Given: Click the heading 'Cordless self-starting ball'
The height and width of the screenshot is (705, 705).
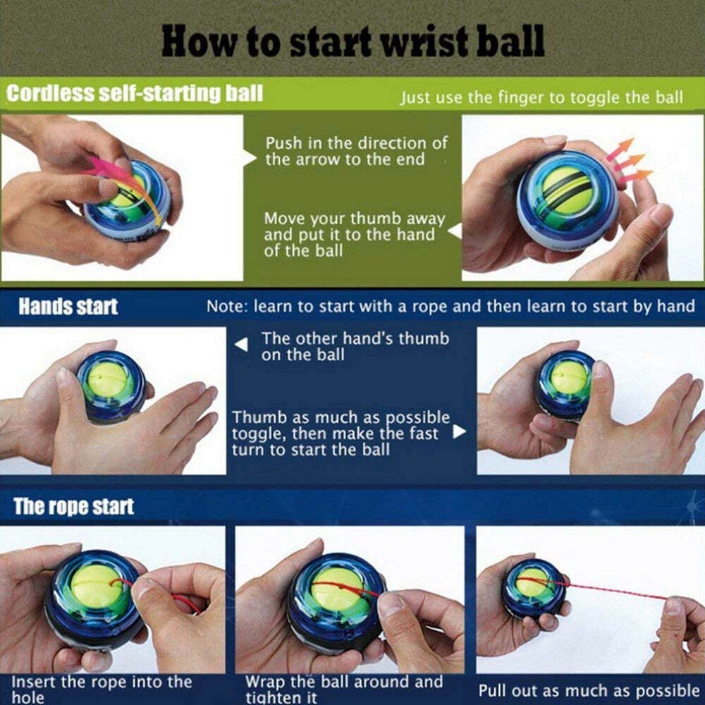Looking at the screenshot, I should (135, 94).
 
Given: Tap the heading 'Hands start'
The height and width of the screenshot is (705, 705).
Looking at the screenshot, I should (68, 307).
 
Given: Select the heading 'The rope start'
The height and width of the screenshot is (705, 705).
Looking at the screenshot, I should (74, 507).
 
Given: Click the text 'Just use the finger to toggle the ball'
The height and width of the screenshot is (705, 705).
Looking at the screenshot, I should (541, 97).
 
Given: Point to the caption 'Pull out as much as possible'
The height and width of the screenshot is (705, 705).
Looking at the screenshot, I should (589, 690).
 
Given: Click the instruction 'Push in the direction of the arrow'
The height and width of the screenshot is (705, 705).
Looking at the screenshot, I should (356, 151).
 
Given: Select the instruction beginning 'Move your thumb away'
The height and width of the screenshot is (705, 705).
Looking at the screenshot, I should (355, 235).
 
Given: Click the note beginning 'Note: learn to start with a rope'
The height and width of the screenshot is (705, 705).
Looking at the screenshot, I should (450, 307).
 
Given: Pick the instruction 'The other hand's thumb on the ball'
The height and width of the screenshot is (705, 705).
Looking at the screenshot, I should (355, 346).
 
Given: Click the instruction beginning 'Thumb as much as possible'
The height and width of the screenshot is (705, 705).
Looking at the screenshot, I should (341, 434).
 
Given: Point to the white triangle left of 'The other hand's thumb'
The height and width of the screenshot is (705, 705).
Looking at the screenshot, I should (242, 345).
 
